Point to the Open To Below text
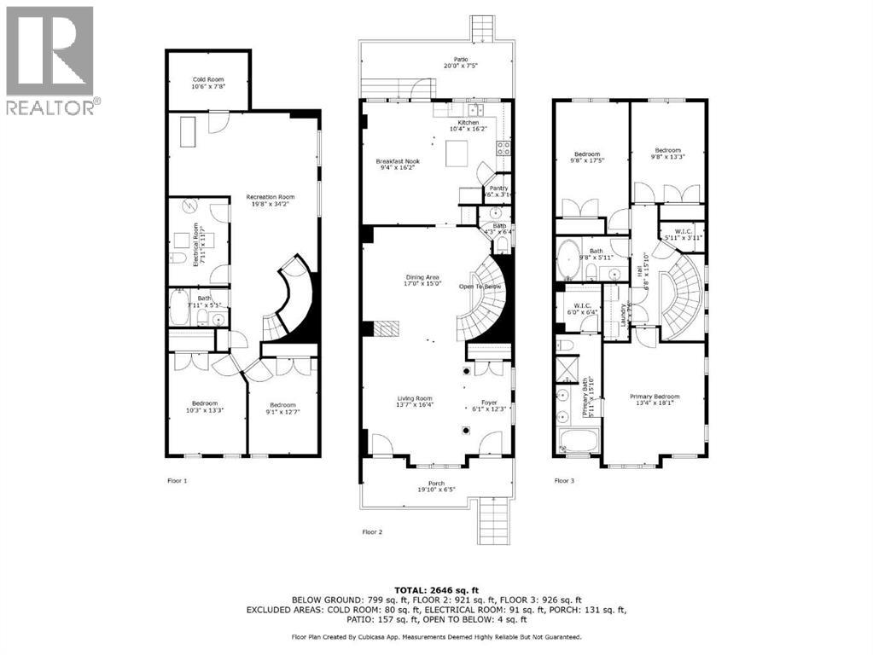[x=479, y=287]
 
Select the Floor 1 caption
[x=177, y=481]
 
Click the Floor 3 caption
[x=564, y=481]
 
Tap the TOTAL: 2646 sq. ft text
[x=436, y=590]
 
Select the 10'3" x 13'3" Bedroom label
[x=205, y=407]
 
